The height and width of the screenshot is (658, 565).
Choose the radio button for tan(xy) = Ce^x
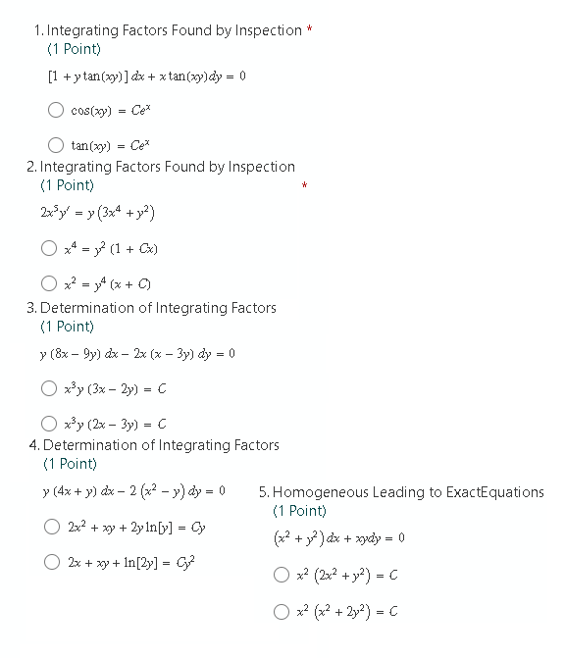click(57, 145)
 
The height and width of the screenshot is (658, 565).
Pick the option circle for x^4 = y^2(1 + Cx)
click(48, 248)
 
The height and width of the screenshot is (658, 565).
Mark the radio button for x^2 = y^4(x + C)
click(48, 285)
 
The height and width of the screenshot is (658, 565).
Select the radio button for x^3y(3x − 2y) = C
click(48, 388)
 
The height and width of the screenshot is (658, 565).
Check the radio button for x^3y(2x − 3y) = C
click(48, 425)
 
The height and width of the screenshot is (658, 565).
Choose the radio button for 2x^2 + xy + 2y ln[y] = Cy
click(52, 527)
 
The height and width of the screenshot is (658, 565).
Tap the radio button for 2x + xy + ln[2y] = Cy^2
click(52, 563)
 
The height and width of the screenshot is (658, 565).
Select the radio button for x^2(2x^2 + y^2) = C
click(282, 575)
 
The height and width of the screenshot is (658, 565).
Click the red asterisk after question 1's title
click(310, 30)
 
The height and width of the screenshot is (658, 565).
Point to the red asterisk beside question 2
click(305, 185)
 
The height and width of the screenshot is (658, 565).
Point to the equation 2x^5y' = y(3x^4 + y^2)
click(98, 212)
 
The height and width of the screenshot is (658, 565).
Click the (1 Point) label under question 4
click(70, 463)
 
